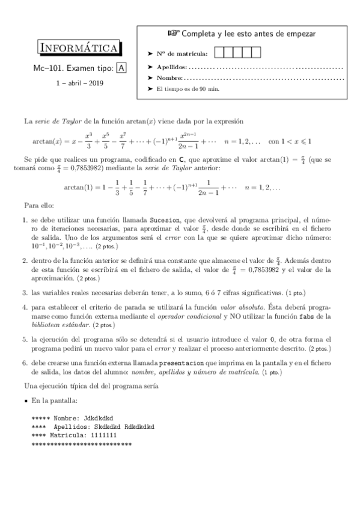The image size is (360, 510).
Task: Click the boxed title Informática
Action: click(80, 48)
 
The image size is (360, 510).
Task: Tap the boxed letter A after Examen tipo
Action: click(122, 69)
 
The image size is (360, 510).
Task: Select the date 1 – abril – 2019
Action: click(80, 83)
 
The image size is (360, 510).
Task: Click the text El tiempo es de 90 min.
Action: click(188, 89)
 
